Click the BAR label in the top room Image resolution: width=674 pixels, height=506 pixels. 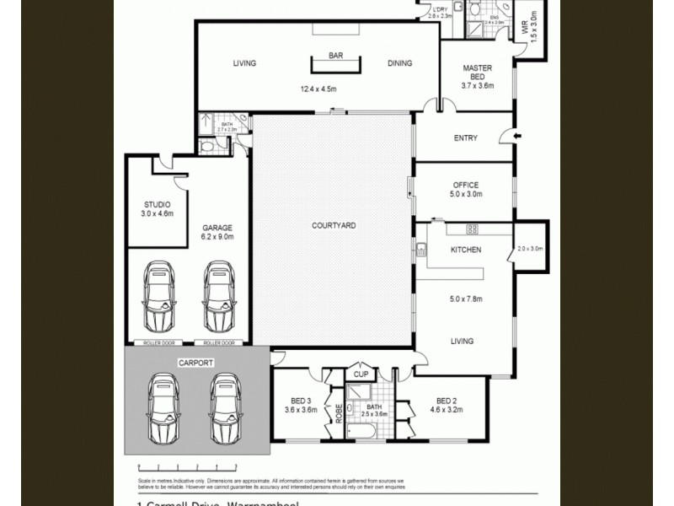tap(336, 56)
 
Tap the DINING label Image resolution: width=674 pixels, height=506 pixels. tap(400, 63)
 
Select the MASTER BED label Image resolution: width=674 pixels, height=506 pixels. tap(477, 72)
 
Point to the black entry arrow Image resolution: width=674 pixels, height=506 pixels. tap(516, 135)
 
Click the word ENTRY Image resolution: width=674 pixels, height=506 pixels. tap(465, 138)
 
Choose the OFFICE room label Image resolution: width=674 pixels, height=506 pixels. tap(465, 186)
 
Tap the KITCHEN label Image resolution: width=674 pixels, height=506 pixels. tap(465, 250)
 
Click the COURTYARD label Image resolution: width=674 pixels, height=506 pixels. tap(334, 226)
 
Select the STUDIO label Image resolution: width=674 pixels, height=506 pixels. tap(158, 205)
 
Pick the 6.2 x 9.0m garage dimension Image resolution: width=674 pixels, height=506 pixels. tap(217, 237)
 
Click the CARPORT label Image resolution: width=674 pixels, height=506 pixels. tap(195, 363)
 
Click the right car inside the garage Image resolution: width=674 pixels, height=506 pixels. tap(218, 297)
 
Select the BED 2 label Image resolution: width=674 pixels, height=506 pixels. tap(447, 401)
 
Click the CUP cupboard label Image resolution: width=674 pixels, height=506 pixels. tap(361, 374)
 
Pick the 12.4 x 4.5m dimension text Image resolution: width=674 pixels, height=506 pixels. tap(318, 89)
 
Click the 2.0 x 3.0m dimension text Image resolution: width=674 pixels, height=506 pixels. tap(532, 249)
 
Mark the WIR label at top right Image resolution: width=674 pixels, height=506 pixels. tap(524, 29)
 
